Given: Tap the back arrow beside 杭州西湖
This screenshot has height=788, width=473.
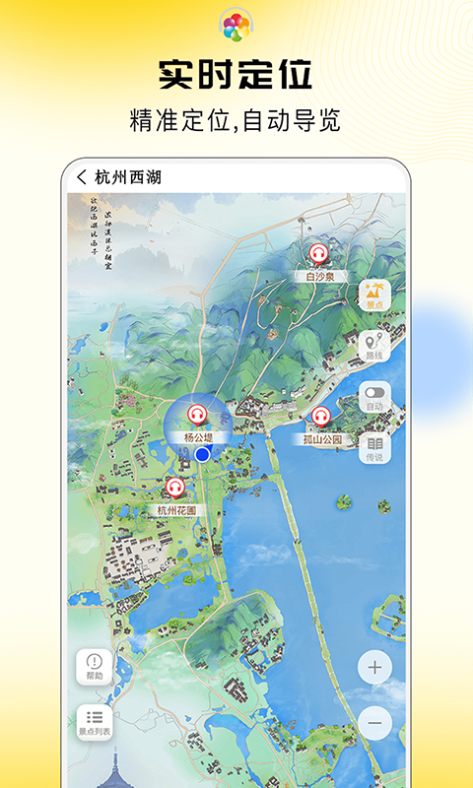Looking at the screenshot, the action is pos(82,177).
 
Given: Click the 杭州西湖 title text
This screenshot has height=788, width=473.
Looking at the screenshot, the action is pos(128,177).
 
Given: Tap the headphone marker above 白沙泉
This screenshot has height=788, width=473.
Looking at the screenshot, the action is pos(317,254).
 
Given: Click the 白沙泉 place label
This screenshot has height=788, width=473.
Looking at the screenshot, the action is pos(317,277).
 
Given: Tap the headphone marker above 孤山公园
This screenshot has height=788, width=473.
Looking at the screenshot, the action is pos(321,417).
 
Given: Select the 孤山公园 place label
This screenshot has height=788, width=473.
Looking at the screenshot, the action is pos(322,439).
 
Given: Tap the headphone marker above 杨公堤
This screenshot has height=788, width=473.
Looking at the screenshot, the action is pos(197,415).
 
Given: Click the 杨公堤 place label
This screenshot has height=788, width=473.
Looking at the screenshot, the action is pos(197,436).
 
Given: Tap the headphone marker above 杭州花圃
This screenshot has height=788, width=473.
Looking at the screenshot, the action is pos(175,488).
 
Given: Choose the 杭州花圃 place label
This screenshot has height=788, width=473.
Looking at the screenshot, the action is pos(176,510).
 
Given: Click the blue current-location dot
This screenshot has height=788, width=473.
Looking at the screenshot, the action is pos(203,454).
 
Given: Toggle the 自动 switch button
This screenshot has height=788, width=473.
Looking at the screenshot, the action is pos(374,398).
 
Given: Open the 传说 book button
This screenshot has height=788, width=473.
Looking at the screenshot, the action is pos(374,448).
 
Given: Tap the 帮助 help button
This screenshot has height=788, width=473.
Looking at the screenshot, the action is pos(95,667).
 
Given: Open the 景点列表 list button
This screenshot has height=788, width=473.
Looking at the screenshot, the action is pos(95,723).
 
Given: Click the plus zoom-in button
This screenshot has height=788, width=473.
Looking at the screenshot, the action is pos(374,667).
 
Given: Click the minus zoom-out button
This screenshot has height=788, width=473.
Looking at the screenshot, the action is pos(374,723).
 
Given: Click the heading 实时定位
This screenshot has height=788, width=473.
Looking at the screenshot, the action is pos(236,76).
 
